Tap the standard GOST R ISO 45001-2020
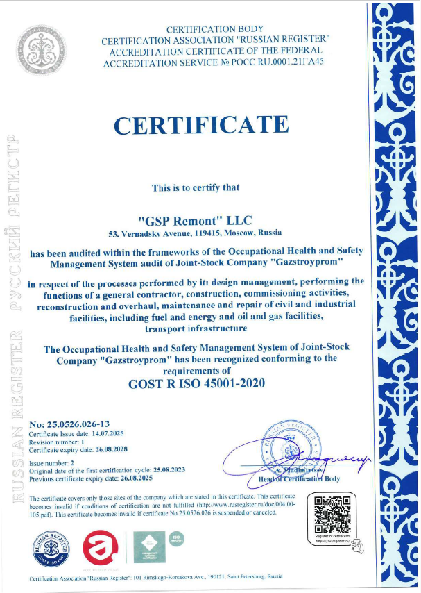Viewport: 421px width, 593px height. pyautogui.click(x=196, y=383)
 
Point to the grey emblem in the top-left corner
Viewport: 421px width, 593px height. pyautogui.click(x=43, y=44)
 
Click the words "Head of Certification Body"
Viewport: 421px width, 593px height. pyautogui.click(x=299, y=478)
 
